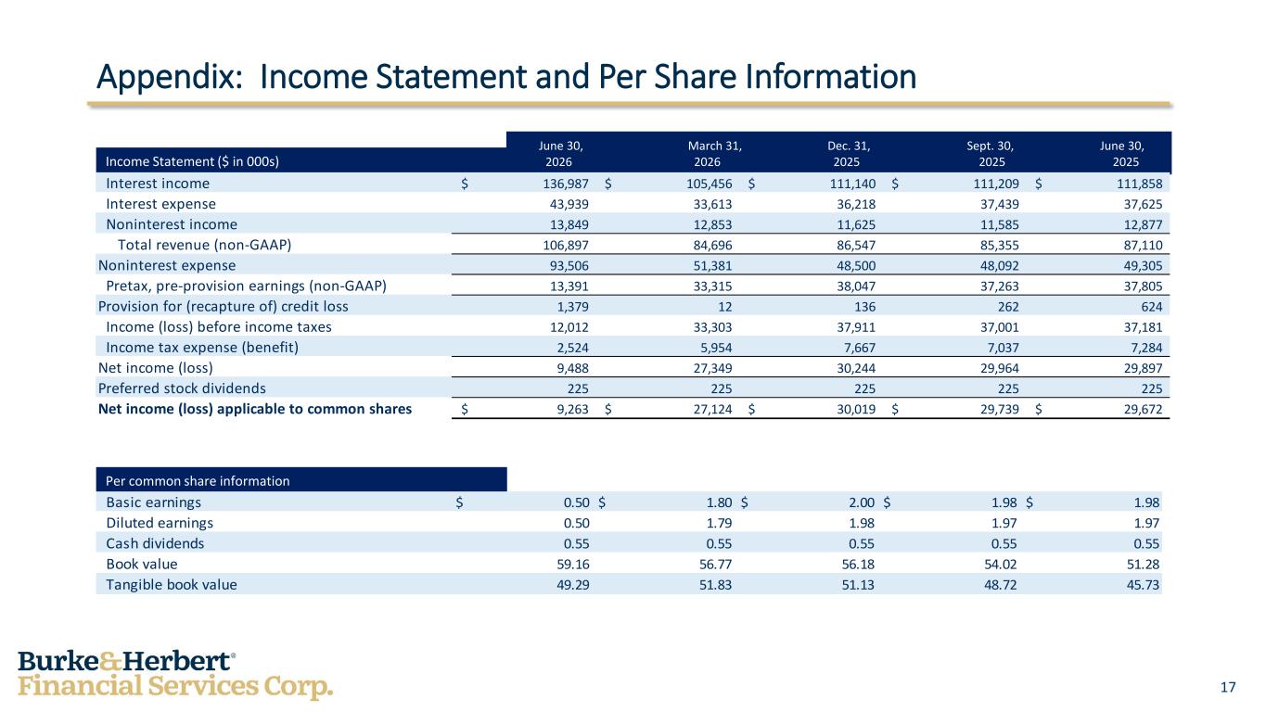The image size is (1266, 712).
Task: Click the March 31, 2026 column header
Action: pos(714,154)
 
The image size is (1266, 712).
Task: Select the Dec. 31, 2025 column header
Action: pos(849,154)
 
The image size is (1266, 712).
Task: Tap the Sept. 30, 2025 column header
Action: pos(991,154)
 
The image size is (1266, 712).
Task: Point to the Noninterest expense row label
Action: pos(167,265)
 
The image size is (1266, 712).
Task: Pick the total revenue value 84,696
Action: pos(712,246)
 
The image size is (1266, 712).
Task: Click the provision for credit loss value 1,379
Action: pos(572,307)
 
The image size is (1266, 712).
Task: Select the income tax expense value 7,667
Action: pos(860,348)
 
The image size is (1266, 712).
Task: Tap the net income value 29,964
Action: pos(1000,368)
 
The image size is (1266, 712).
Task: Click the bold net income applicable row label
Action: pos(255,409)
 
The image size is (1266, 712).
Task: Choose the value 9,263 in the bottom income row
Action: pos(572,409)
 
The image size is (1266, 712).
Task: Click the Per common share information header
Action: pos(198,481)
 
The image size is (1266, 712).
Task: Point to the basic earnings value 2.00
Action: pos(862,502)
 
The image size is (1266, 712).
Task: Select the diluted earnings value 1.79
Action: pos(719,523)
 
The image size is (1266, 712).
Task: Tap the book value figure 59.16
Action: pos(573,564)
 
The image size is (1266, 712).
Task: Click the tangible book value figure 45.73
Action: pos(1143,585)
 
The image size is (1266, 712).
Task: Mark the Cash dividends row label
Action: pos(155,543)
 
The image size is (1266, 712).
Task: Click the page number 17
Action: pos(1228,687)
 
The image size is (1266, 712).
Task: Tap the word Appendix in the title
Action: pos(169,77)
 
